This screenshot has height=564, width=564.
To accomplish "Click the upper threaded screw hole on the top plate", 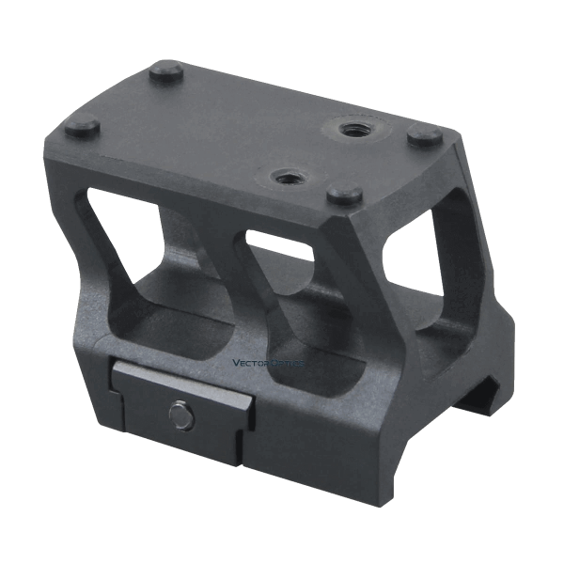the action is (x=350, y=128).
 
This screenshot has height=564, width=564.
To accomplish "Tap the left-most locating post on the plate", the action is (x=83, y=125).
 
